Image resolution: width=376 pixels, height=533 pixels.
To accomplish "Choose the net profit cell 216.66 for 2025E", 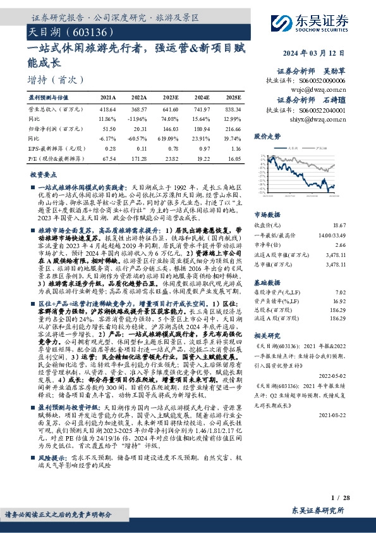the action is (x=234, y=128).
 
